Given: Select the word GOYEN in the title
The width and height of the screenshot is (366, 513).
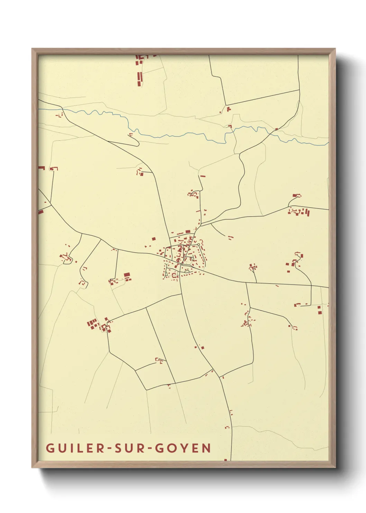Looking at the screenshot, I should click(183, 448).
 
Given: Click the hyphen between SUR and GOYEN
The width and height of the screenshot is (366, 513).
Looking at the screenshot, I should click(149, 449).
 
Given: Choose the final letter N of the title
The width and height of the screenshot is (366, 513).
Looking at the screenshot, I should click(207, 448).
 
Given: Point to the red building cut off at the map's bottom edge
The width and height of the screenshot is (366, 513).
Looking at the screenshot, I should click(226, 460).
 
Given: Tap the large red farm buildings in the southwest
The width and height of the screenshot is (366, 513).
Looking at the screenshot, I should click(93, 324).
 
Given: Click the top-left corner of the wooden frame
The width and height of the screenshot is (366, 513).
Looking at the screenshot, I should click(33, 49).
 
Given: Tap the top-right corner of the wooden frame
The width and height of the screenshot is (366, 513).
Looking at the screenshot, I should click(335, 49).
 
